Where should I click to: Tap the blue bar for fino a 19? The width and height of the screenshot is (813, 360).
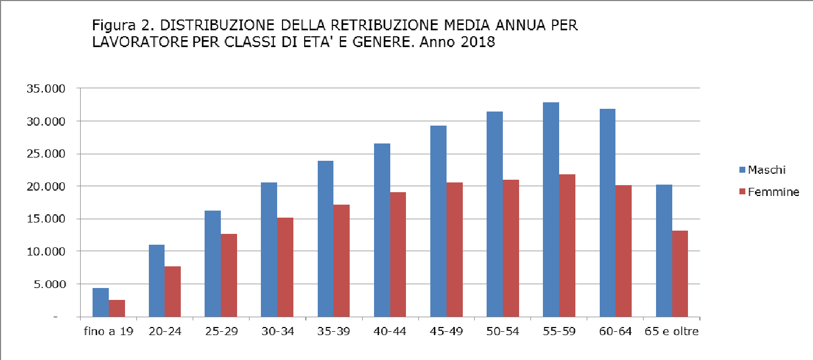101,302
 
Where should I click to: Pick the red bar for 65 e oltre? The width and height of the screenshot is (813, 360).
680,273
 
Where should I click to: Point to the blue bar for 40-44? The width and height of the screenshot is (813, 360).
382,230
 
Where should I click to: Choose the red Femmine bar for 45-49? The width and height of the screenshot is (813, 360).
455,250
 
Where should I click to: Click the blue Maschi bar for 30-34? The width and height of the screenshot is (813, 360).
269,250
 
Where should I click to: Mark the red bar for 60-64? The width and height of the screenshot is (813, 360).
624,251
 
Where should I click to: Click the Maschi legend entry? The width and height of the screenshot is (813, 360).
766,170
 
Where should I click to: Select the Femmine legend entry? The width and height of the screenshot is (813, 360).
773,192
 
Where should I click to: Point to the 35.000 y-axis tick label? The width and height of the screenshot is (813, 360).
45,89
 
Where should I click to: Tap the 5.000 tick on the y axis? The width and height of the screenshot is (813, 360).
49,284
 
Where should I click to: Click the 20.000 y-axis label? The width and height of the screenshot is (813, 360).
45,186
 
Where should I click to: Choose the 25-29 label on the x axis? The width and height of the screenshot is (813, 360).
221,331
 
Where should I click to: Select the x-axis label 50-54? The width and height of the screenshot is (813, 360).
502,331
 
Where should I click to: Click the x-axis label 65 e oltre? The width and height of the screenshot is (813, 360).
672,331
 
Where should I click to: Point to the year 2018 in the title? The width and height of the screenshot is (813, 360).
478,42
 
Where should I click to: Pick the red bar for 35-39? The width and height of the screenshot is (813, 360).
342,260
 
